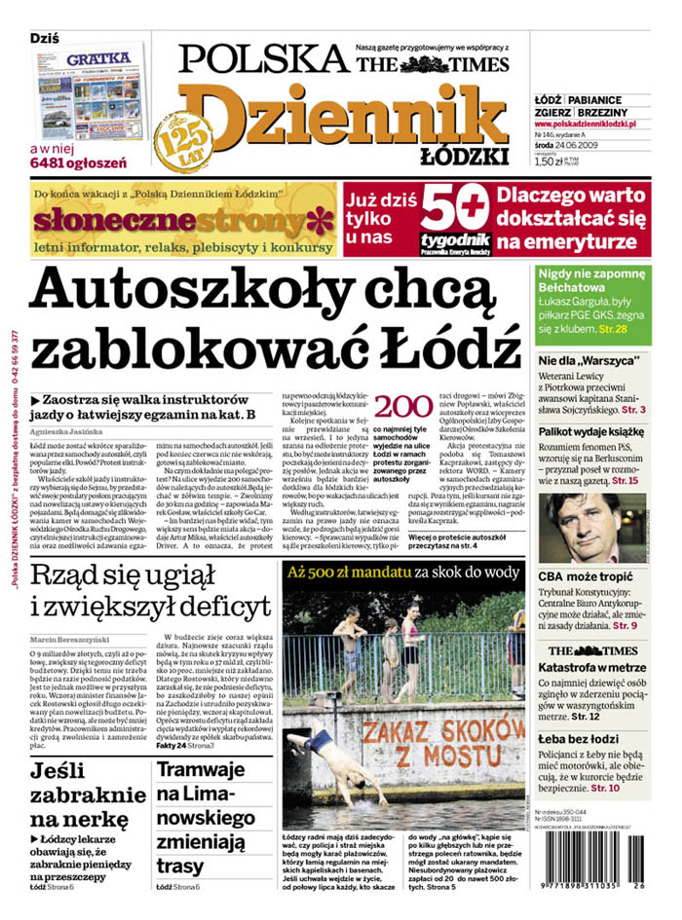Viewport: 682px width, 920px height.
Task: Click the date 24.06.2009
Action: [x=587, y=146]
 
